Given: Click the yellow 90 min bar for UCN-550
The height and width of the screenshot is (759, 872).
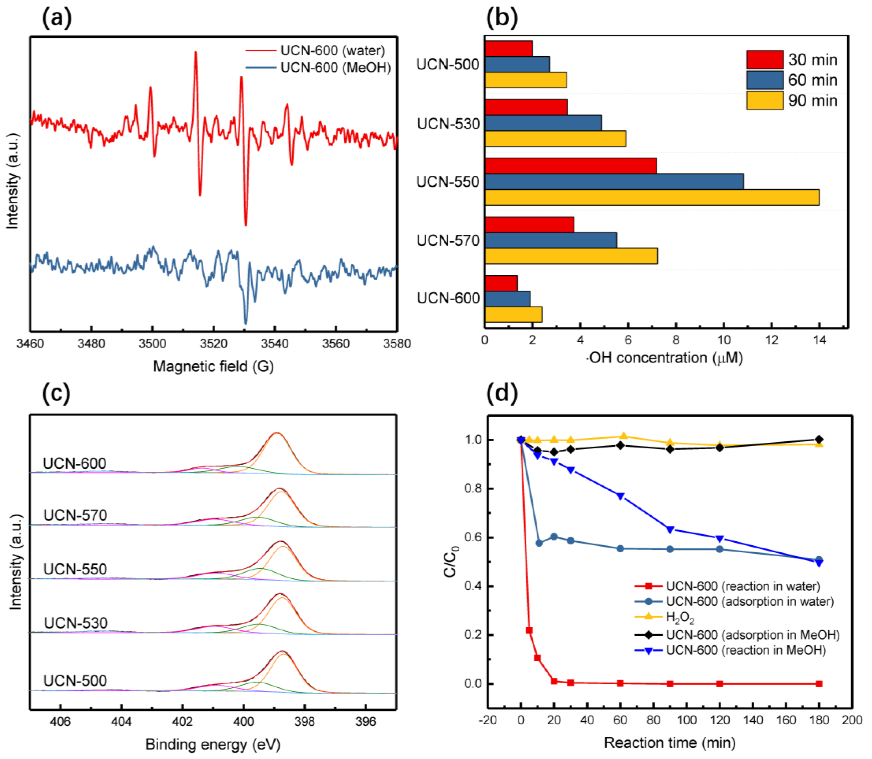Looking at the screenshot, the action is point(652,197).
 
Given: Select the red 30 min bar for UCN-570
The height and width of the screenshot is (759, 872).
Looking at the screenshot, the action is point(530,224).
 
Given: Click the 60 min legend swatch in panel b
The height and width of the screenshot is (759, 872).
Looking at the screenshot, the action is point(765,80).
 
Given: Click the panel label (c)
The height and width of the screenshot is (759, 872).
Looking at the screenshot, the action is point(56,394).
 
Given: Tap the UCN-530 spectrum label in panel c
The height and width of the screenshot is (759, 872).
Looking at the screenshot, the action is point(76,623).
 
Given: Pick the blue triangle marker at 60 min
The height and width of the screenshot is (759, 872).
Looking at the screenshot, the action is point(621,496).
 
